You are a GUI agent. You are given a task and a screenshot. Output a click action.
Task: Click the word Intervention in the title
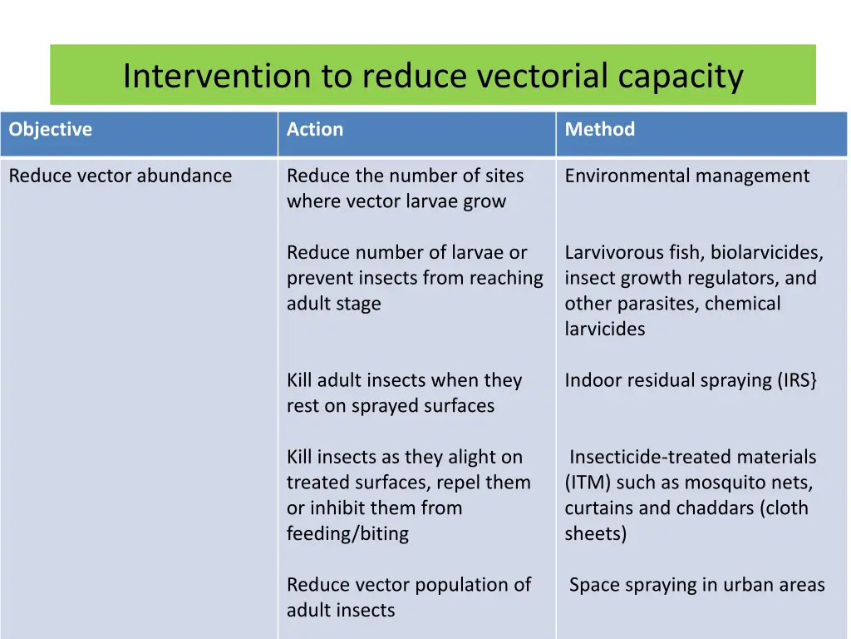(x=215, y=77)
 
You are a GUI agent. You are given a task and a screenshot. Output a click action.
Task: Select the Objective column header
(x=51, y=130)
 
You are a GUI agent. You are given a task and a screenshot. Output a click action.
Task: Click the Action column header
(x=315, y=130)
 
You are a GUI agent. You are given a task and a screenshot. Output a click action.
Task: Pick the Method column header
(x=600, y=130)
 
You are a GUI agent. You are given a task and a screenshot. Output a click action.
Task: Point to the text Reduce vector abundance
(x=121, y=176)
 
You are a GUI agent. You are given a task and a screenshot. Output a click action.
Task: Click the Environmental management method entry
(x=686, y=176)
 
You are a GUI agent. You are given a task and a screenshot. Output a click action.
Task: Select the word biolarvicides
(x=766, y=253)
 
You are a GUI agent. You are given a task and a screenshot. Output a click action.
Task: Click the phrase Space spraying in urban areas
(x=696, y=586)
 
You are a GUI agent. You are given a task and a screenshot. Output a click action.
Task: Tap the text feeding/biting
(x=347, y=534)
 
